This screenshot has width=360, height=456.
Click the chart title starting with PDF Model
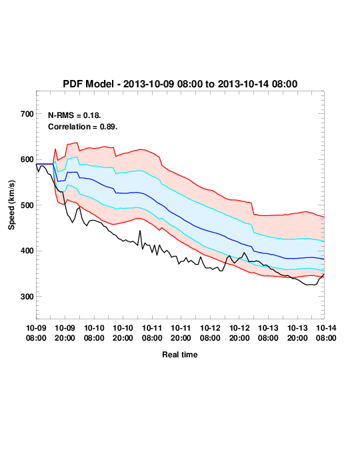pos(180,84)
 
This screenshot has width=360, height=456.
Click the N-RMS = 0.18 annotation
pos(74,115)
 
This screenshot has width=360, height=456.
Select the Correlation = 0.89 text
pos(83,127)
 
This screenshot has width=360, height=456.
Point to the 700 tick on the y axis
pos(27,114)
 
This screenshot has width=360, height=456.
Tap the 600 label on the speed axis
pos(27,159)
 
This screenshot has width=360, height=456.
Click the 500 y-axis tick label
pos(27,205)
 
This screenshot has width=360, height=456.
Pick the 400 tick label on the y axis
pos(27,251)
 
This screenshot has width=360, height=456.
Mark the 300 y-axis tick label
pos(27,297)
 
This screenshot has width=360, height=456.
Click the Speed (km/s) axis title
pos(11,205)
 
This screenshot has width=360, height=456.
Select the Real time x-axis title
pos(180,355)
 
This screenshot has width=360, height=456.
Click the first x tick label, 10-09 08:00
pos(36,333)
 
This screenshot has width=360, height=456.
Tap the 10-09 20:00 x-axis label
pos(65,333)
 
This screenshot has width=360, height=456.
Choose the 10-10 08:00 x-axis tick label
pos(94,333)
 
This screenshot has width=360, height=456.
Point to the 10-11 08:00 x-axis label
pos(152,333)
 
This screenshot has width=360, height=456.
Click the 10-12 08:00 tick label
pos(210,333)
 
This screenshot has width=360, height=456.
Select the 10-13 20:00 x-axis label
pos(297,333)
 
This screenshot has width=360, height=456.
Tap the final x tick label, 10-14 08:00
pos(326,333)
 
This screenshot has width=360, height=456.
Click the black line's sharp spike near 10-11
pos(140,231)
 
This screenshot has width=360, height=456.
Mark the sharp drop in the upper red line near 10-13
pos(253,209)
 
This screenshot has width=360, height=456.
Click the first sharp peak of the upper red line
pos(55,149)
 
